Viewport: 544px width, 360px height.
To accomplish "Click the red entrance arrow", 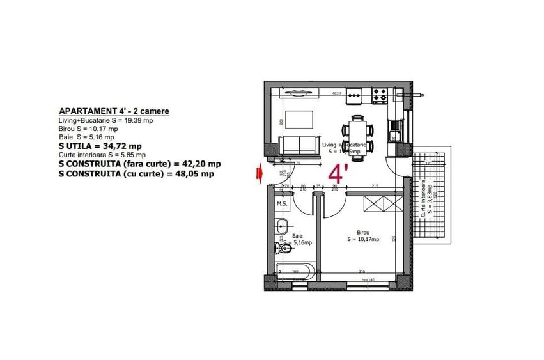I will coord(259,172).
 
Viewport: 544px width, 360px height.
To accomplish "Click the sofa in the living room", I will coord(298,145).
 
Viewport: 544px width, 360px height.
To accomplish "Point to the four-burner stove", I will coord(380,96).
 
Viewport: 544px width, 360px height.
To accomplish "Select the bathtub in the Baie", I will coord(294,270).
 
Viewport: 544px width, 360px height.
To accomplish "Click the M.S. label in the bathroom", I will coord(282,204).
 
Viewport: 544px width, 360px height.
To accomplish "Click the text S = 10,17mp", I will coord(364,240).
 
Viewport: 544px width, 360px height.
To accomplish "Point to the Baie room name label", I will coord(298,235).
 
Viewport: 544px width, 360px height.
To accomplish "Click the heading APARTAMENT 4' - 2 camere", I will coord(114,111).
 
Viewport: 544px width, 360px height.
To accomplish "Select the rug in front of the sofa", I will coord(297,120).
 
